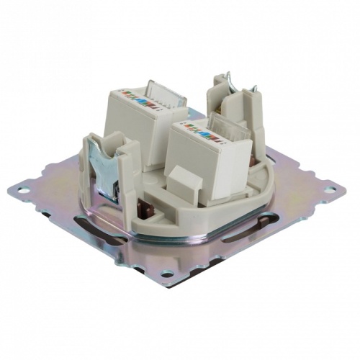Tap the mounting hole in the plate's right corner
(330, 190)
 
